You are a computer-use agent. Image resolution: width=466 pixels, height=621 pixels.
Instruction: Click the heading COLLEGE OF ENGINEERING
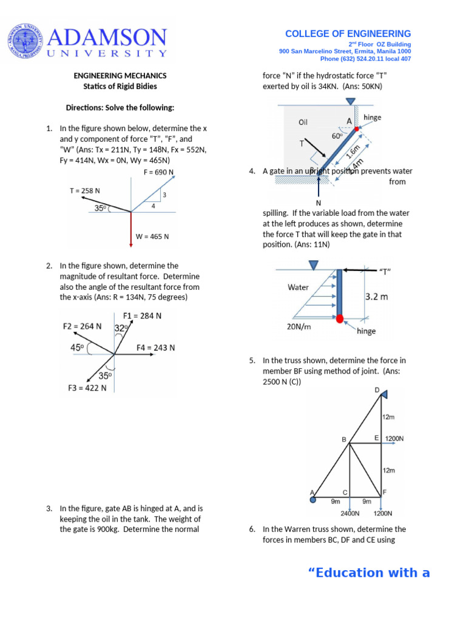point(348,34)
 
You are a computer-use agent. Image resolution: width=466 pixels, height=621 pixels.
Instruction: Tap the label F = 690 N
point(159,172)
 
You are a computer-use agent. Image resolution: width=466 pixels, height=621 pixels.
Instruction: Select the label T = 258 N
point(85,190)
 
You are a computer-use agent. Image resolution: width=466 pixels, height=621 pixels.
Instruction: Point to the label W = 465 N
point(152,237)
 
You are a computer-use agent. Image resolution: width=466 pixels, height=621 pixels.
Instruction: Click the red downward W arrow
point(131,230)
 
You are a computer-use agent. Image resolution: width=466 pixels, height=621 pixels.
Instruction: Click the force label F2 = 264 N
point(83,326)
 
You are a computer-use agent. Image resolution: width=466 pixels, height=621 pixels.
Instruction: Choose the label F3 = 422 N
point(87,388)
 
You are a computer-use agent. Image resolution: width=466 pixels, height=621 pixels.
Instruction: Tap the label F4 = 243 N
point(155,348)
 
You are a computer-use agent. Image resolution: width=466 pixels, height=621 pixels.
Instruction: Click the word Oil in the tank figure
point(303,122)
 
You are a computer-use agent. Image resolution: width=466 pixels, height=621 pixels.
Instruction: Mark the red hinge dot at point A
point(357,129)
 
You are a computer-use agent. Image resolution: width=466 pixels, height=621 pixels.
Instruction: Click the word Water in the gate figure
point(298,287)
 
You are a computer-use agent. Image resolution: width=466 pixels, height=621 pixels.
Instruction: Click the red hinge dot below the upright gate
point(340,318)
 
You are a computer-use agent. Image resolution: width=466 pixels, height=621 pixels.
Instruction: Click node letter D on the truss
point(377,390)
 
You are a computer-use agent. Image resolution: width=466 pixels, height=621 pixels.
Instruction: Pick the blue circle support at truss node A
point(312,500)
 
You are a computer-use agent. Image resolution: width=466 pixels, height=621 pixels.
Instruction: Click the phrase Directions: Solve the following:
point(120,108)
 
